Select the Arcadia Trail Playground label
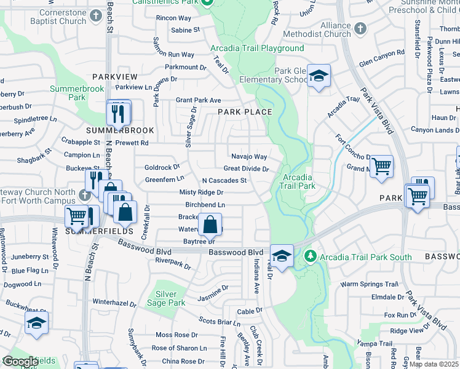[x=257, y=48]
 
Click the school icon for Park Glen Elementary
[x=319, y=76]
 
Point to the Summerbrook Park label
[x=76, y=93]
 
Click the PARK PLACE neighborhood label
[x=245, y=111]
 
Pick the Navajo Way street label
[x=248, y=157]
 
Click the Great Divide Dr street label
[x=246, y=169]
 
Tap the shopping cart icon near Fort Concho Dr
[x=382, y=165]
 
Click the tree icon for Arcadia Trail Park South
[x=311, y=255]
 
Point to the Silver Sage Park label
[x=170, y=298]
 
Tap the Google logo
[x=20, y=362]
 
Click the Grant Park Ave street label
[x=198, y=100]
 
